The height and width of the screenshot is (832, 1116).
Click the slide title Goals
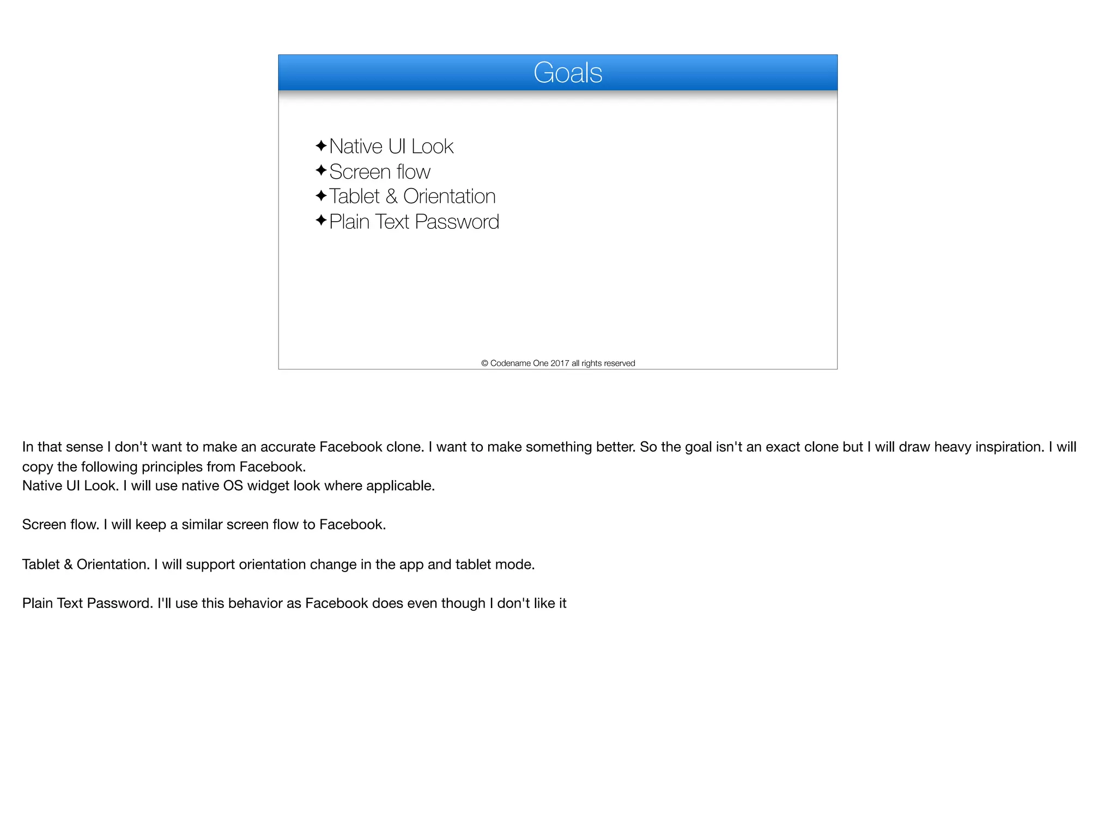pos(568,72)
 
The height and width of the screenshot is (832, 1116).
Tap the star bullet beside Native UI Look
pos(321,145)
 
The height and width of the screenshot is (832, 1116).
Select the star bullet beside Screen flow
pos(321,171)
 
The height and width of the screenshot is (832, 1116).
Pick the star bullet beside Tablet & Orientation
pos(321,195)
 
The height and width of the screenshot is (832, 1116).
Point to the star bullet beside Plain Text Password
pos(321,221)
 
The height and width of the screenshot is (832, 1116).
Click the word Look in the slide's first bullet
pos(432,147)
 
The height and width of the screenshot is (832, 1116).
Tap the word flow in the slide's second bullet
pos(413,172)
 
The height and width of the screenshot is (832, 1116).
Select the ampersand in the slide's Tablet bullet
pos(391,197)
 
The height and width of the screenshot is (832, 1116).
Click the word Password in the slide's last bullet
pos(457,222)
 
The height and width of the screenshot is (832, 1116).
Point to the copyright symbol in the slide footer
pos(484,363)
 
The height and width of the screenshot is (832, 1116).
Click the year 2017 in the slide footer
pos(560,363)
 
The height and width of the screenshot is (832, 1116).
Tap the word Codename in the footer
pos(510,363)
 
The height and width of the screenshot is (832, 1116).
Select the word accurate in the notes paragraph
pos(287,447)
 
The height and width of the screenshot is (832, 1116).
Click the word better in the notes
pos(614,447)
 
